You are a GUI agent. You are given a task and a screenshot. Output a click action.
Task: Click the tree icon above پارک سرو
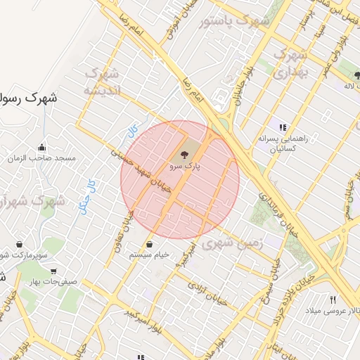(x=184, y=154)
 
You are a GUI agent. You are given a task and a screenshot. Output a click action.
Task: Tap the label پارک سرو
(x=185, y=167)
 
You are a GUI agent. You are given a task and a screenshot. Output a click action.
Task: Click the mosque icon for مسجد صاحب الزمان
(x=42, y=147)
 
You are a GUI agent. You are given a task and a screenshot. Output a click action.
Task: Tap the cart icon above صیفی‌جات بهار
(x=53, y=271)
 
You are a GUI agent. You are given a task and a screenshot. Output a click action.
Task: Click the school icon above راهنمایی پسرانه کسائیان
(x=282, y=127)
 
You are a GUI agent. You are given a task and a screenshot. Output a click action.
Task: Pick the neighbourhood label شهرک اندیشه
(x=103, y=82)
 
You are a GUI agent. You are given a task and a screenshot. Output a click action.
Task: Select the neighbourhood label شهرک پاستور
(x=234, y=21)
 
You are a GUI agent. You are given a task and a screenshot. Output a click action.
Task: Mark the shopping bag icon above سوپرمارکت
(x=18, y=243)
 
